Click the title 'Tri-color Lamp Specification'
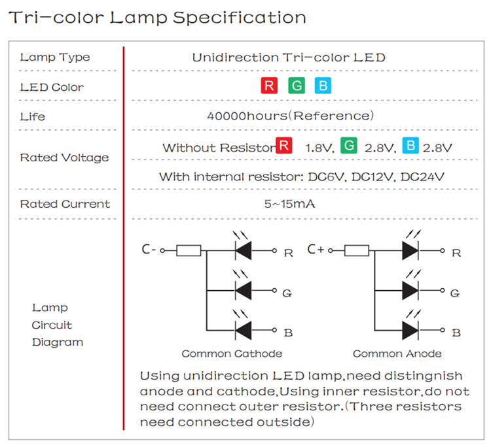click(157, 18)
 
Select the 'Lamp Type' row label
click(55, 58)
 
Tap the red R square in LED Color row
click(268, 86)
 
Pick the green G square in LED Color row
click(296, 86)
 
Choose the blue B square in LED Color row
click(323, 86)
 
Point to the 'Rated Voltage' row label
click(64, 157)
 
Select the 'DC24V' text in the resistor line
click(426, 176)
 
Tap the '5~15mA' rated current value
click(289, 204)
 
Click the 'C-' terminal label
click(149, 250)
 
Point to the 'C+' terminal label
click(316, 250)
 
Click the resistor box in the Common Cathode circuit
click(189, 250)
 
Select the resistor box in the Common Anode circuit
click(356, 250)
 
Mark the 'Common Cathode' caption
click(232, 354)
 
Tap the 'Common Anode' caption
click(397, 354)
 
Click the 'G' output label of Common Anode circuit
click(456, 293)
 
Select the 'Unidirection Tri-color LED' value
click(289, 58)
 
